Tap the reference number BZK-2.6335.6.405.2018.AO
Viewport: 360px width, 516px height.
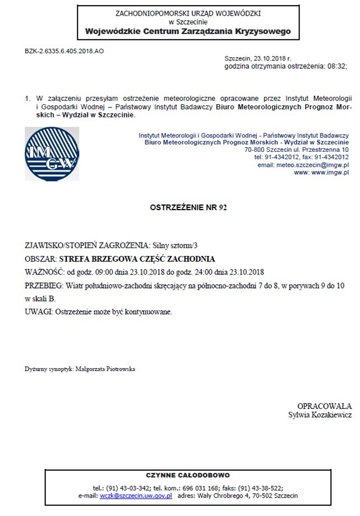[x=64, y=50]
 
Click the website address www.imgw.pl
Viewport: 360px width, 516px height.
[x=329, y=173]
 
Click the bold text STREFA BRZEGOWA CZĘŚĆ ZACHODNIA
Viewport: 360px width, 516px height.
[x=137, y=259]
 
